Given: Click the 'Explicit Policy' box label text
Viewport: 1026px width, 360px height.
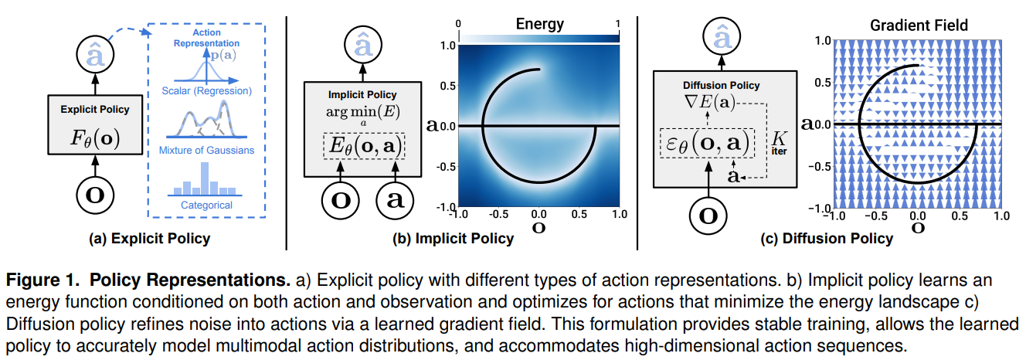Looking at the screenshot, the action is coord(95,110).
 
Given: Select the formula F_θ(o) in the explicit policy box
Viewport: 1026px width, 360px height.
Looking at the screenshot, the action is coord(95,138).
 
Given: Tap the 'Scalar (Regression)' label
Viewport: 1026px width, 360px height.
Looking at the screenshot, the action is coord(206,90).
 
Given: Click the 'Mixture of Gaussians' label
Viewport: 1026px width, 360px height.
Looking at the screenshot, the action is coord(206,150).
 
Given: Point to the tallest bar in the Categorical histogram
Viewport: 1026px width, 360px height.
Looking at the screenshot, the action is coord(205,178).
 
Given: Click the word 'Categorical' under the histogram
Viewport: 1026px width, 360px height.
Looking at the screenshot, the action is coord(206,205).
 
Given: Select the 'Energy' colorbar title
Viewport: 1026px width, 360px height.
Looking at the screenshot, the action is coord(539,24).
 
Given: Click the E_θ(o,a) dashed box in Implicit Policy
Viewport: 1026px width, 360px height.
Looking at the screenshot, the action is coord(364,146).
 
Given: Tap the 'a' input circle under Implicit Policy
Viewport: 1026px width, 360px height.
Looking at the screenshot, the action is coord(395,200).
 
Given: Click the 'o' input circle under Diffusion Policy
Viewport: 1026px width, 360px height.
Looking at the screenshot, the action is coord(708,216).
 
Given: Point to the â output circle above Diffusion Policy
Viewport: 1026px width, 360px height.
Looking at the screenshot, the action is coord(722,36).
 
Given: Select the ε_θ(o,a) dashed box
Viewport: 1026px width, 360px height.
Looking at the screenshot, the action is coord(707,143).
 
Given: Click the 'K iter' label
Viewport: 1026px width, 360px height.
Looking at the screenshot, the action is coord(779,143).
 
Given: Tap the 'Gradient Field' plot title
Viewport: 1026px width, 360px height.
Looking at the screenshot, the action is coord(919,25).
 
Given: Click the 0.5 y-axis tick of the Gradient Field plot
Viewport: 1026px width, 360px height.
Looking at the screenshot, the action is coord(823,83).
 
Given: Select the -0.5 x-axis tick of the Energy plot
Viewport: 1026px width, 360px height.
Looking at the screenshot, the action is coord(498,214).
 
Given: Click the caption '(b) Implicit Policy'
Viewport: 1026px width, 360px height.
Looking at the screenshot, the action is coord(453,239).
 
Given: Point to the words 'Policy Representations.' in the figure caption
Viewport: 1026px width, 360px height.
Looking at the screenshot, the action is coord(190,280).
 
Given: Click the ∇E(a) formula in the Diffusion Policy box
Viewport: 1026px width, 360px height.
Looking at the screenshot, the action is coord(709,102).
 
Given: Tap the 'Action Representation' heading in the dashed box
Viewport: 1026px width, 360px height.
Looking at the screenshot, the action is coord(206,38).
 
